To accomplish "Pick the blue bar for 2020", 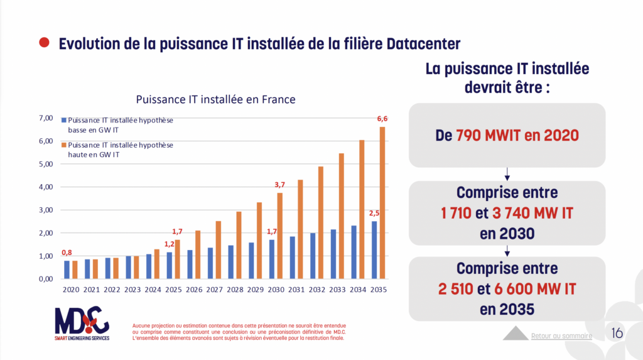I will [67, 270].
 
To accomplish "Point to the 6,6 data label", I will [381, 119].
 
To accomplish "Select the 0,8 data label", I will [67, 253].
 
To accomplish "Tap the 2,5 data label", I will [374, 213].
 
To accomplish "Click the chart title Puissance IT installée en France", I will [215, 99].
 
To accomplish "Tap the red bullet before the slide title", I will [44, 43].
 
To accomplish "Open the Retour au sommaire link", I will [561, 335].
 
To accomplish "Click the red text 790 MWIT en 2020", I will [517, 134].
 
